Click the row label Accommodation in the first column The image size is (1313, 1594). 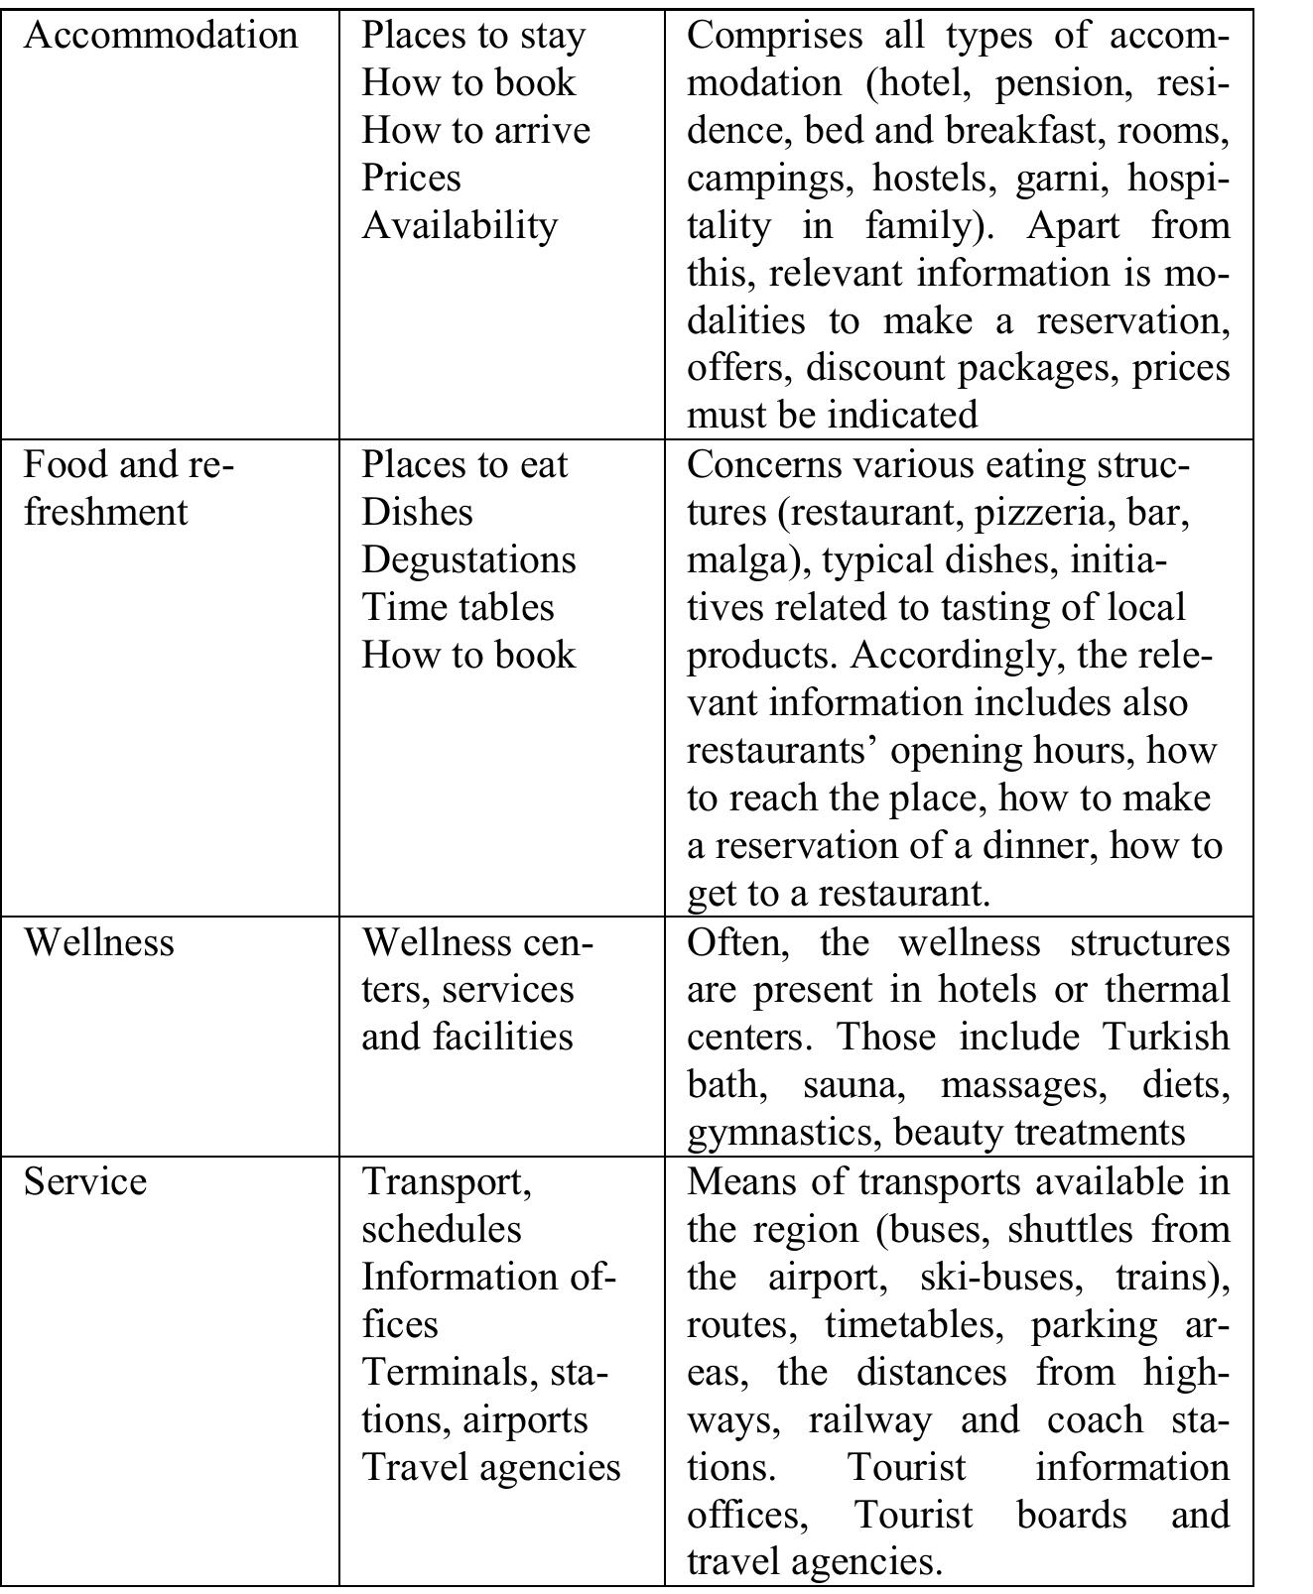[160, 35]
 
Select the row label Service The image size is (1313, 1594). [85, 1181]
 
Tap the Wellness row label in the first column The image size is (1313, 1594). [98, 941]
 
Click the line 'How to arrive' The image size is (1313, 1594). [475, 130]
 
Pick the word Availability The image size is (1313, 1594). [460, 225]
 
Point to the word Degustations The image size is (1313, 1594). [468, 559]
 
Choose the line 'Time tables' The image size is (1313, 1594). [458, 607]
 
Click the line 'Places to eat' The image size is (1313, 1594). [464, 464]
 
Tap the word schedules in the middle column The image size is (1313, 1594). [441, 1229]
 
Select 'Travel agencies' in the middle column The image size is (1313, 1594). [490, 1467]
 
